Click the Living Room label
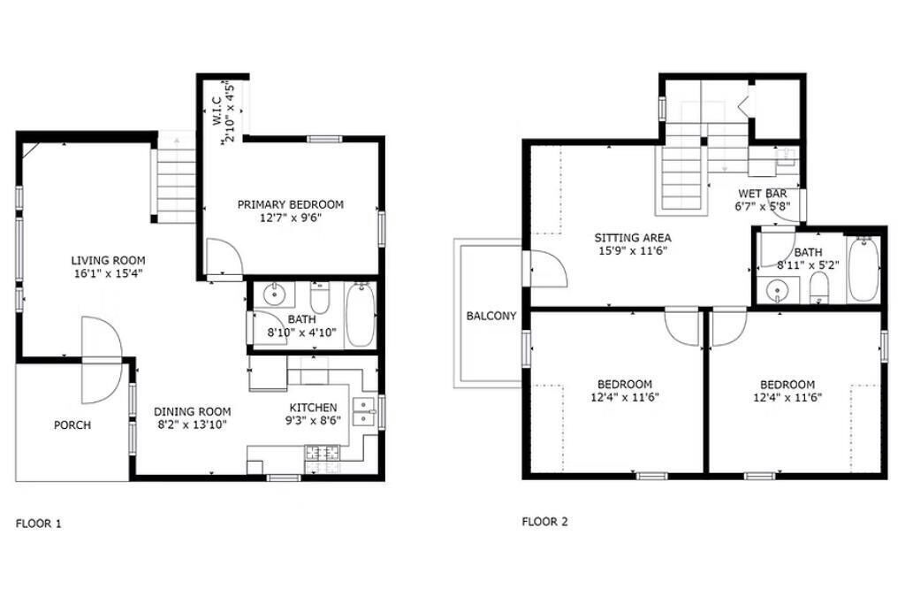(x=108, y=260)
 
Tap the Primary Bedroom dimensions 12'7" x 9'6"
(x=290, y=218)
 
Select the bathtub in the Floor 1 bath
(x=361, y=315)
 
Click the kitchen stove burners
(x=323, y=453)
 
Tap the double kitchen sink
(x=363, y=410)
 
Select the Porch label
(x=72, y=425)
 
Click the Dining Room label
(x=192, y=412)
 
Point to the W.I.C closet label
(x=217, y=111)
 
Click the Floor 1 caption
(x=38, y=524)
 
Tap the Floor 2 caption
(x=544, y=522)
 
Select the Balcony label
(x=491, y=316)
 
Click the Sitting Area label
(x=633, y=237)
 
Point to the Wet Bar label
(x=763, y=194)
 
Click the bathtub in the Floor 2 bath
(x=863, y=269)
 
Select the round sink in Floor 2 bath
(x=777, y=289)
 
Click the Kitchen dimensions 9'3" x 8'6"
(x=313, y=420)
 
